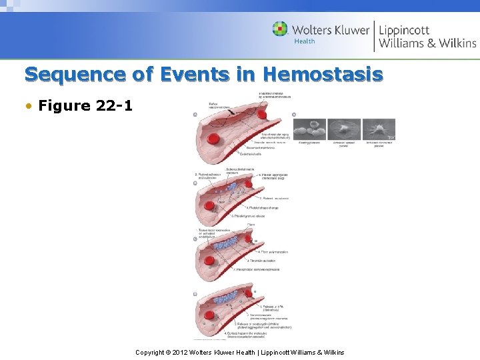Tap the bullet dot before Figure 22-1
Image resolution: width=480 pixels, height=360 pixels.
pyautogui.click(x=31, y=106)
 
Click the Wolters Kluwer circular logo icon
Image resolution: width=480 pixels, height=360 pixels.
pyautogui.click(x=280, y=30)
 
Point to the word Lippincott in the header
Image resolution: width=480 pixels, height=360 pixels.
pyautogui.click(x=404, y=30)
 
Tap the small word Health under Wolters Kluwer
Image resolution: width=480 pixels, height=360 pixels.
pyautogui.click(x=305, y=42)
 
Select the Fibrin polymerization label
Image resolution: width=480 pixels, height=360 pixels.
pyautogui.click(x=274, y=252)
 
